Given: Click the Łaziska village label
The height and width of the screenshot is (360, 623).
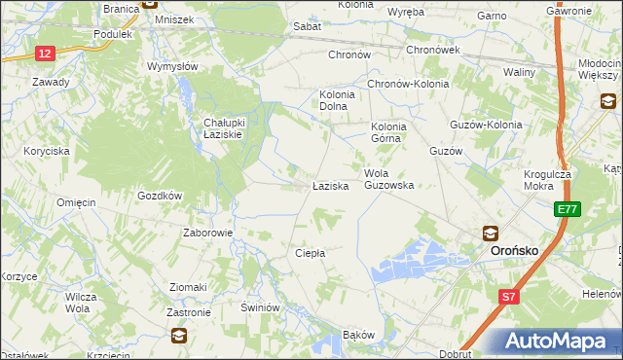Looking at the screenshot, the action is tap(330, 185).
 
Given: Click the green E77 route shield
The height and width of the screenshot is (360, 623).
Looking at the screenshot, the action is tap(568, 209).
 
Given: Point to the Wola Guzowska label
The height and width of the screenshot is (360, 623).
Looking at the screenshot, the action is tap(389, 179).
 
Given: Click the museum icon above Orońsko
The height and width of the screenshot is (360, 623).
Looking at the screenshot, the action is tap(491, 234).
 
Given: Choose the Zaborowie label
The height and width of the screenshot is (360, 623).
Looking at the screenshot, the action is tap(207, 234).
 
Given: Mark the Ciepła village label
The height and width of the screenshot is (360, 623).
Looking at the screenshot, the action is tap(310, 253).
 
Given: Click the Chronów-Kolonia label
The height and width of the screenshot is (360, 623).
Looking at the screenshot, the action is tap(408, 84).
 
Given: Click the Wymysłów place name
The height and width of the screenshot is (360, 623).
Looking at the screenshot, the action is tap(172, 67).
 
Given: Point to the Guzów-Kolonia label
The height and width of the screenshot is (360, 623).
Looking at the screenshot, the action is tap(486, 126).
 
